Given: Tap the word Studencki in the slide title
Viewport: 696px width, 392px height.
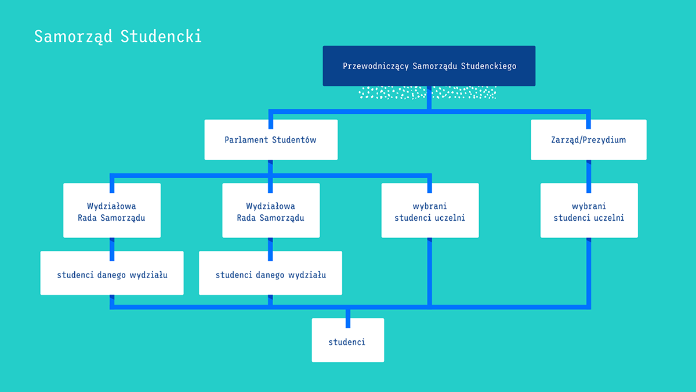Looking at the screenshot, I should tap(161, 36).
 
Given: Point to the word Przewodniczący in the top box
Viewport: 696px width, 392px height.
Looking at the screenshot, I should tap(376, 66).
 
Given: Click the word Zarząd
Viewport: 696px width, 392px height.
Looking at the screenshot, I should tap(565, 140).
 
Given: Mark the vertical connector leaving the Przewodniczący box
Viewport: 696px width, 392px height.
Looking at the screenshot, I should tap(429, 98).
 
